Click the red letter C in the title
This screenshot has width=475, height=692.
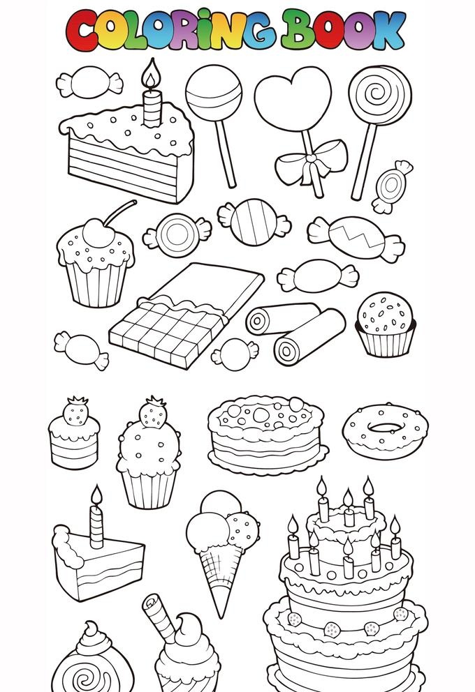pyautogui.click(x=81, y=31)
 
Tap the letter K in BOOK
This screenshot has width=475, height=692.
pyautogui.click(x=388, y=30)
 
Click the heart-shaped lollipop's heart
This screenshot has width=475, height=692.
pyautogui.click(x=293, y=98)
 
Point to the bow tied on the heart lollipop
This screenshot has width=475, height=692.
pyautogui.click(x=312, y=163)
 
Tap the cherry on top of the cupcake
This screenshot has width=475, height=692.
pyautogui.click(x=98, y=232)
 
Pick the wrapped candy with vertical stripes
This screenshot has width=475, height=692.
pyautogui.click(x=254, y=222)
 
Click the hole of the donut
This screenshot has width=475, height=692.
pyautogui.click(x=386, y=427)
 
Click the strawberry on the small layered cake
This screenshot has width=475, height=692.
pyautogui.click(x=75, y=412)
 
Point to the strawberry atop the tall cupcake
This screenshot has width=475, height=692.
pyautogui.click(x=153, y=413)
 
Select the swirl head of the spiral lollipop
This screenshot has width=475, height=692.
pyautogui.click(x=380, y=96)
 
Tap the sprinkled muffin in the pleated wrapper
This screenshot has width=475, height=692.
pyautogui.click(x=386, y=324)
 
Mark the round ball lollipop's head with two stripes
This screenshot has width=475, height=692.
pyautogui.click(x=214, y=93)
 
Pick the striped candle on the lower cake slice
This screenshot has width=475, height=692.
pyautogui.click(x=97, y=527)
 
